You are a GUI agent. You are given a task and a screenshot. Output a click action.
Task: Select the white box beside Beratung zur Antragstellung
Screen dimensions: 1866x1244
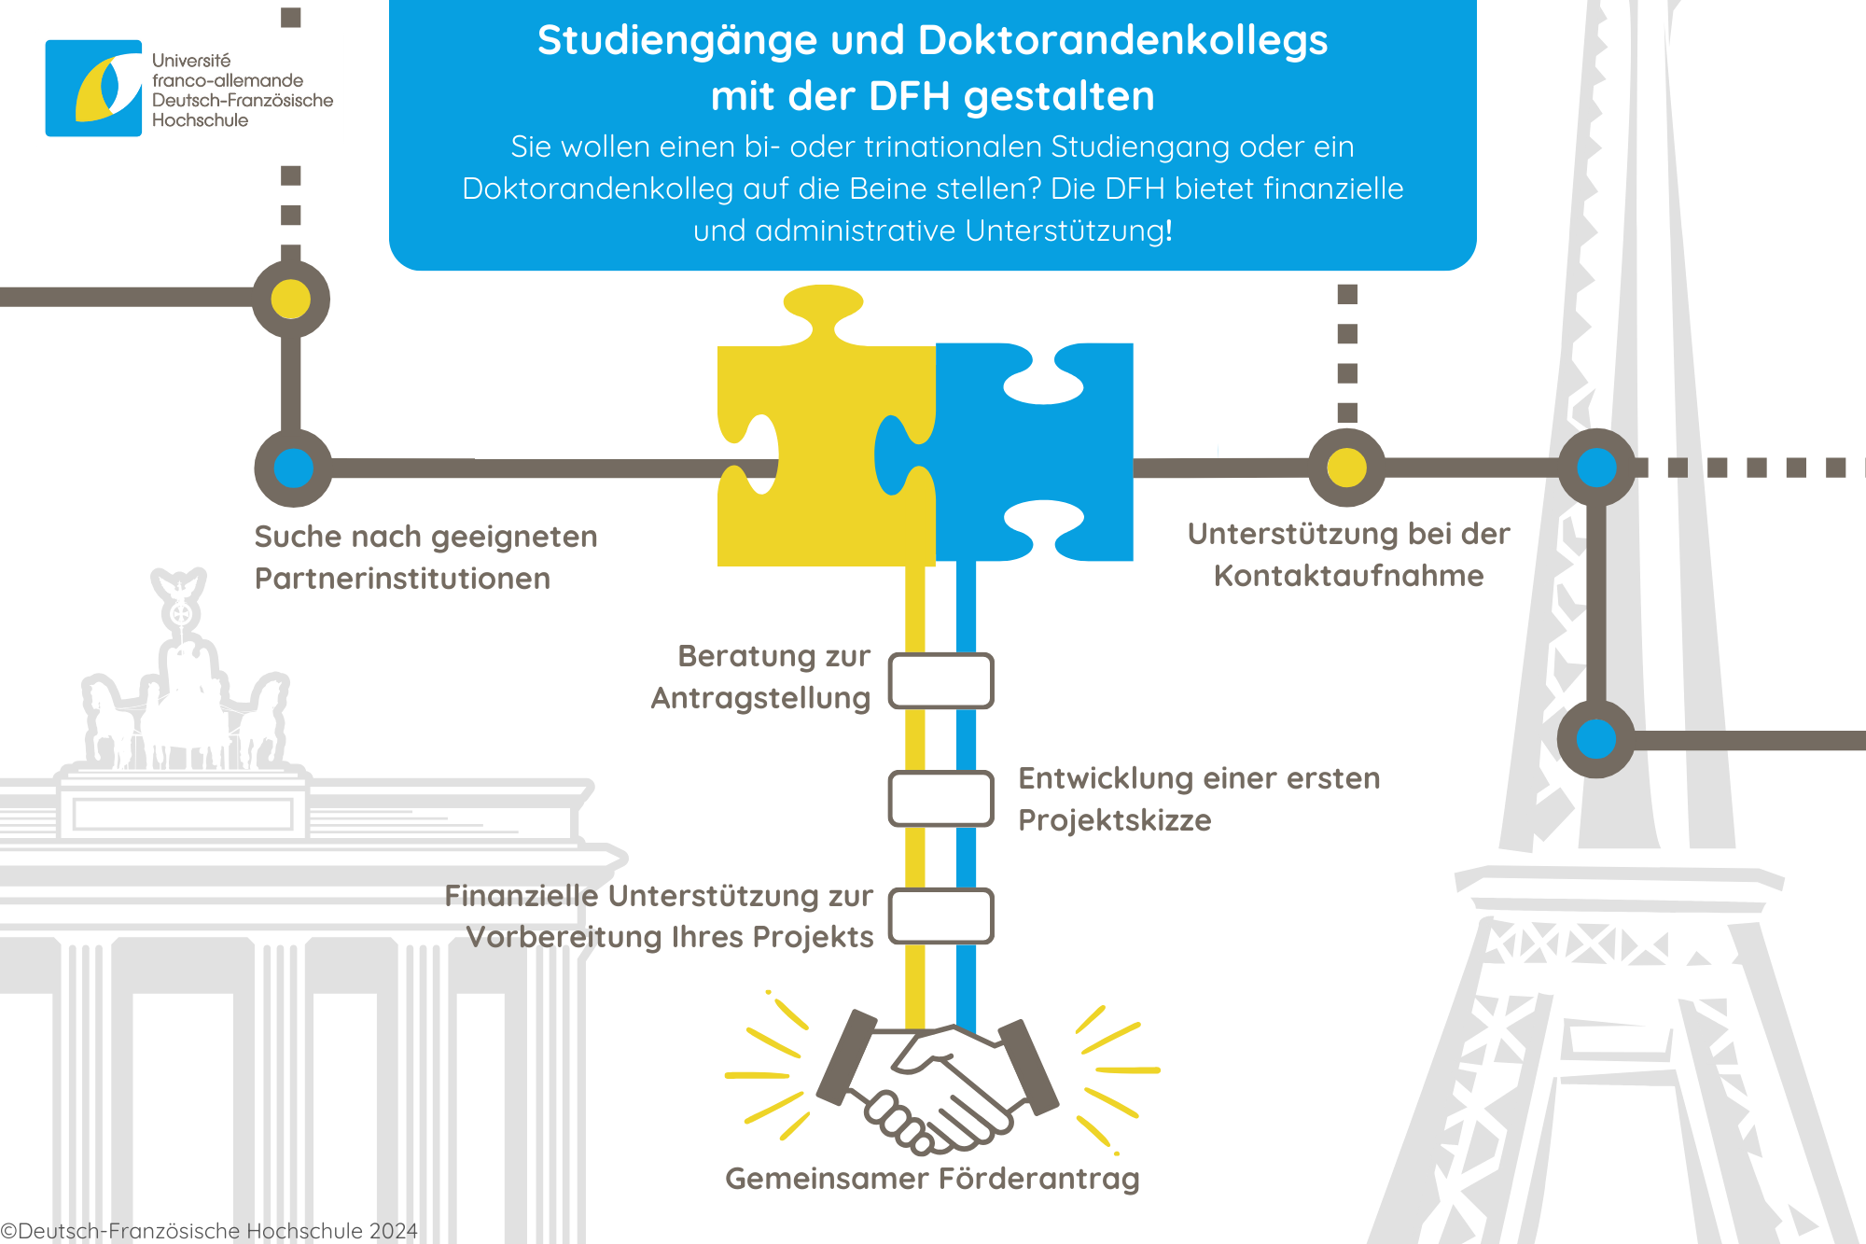[940, 680]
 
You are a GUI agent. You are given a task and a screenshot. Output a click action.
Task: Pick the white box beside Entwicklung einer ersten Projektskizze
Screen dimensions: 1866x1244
[940, 798]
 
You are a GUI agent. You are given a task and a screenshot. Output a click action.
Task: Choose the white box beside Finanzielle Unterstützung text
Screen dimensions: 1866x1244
[940, 916]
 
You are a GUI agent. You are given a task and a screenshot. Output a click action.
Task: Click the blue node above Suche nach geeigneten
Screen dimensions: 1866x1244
[293, 468]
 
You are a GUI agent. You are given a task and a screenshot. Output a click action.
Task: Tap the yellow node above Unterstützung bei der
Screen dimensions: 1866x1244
[1347, 468]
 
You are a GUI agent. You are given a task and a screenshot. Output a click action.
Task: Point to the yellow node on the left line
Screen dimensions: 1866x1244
[291, 300]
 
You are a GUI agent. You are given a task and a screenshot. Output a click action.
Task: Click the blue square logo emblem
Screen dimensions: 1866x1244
[93, 88]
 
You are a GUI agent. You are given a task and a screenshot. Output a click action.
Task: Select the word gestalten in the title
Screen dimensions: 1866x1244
[1059, 97]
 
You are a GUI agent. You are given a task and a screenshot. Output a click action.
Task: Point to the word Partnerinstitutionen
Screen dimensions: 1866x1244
[402, 579]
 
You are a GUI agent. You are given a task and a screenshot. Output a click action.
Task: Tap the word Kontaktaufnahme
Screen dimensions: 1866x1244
[1348, 576]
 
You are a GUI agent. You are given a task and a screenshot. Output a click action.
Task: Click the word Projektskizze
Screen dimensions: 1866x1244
[1115, 820]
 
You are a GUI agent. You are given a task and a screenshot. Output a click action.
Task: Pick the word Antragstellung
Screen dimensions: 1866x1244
[760, 699]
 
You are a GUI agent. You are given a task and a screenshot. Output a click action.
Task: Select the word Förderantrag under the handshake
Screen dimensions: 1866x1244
[1038, 1179]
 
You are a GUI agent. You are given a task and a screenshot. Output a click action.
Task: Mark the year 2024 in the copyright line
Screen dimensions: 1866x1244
[393, 1231]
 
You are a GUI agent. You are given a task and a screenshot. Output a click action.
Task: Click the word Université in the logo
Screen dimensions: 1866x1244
[191, 61]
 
